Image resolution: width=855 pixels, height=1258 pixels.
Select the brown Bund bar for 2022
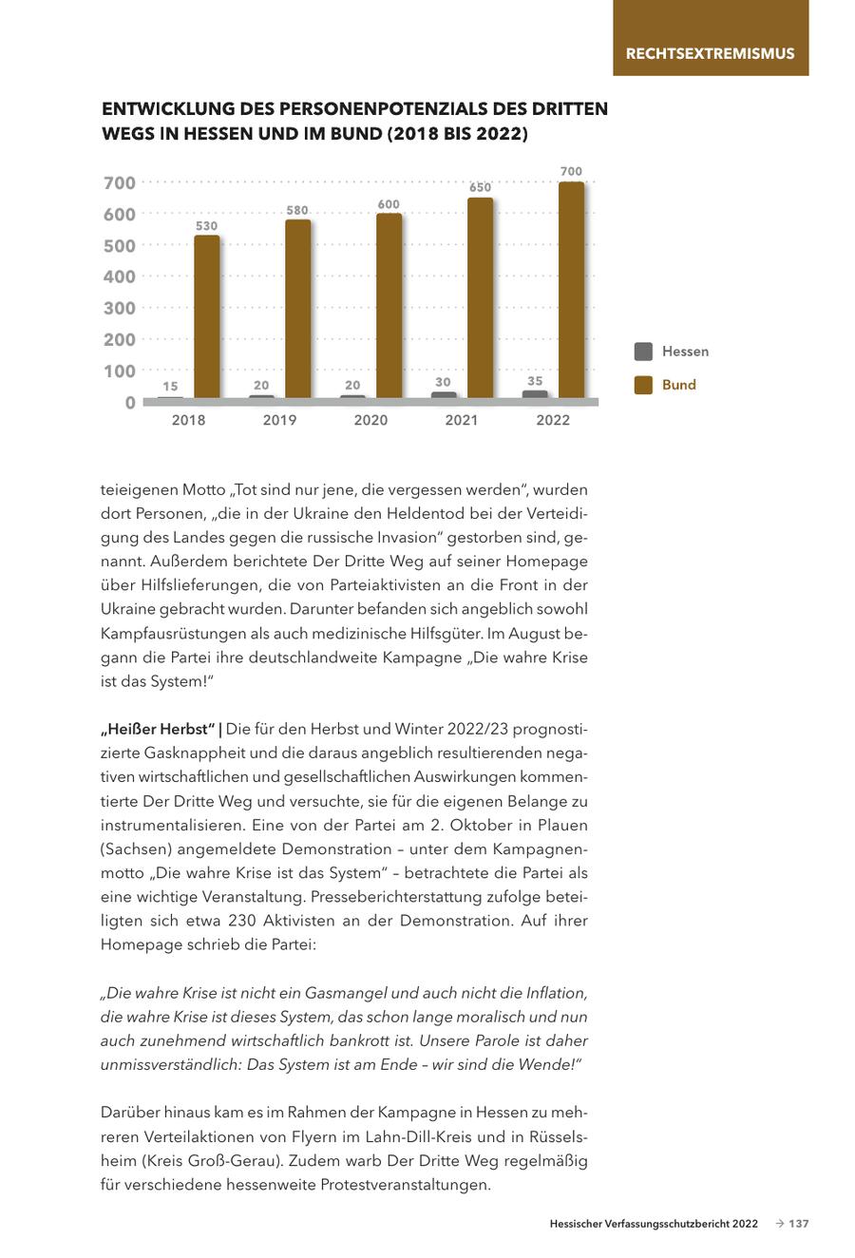tap(572, 290)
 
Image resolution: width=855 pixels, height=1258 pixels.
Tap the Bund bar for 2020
tap(389, 305)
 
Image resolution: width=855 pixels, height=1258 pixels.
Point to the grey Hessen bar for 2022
tap(535, 394)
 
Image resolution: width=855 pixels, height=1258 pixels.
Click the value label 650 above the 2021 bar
tap(481, 188)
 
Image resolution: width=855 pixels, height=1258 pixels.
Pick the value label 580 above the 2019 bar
tap(298, 210)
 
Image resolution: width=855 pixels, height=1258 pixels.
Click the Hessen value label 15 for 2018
tap(170, 386)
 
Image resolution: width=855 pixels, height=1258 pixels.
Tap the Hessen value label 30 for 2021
tap(444, 382)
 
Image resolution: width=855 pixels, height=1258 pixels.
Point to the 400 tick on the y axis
tap(120, 277)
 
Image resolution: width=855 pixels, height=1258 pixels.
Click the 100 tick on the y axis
tap(120, 372)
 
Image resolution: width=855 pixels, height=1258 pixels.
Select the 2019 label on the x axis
tap(279, 420)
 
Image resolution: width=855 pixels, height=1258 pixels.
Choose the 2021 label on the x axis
tap(462, 420)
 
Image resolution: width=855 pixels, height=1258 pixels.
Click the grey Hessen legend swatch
tap(643, 352)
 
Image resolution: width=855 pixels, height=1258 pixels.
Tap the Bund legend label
tap(679, 385)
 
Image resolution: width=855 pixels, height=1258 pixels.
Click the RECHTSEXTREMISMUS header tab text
tap(710, 53)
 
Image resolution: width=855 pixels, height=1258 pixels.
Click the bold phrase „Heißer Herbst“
tap(157, 730)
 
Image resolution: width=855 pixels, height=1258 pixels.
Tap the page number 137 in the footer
tap(799, 1224)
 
